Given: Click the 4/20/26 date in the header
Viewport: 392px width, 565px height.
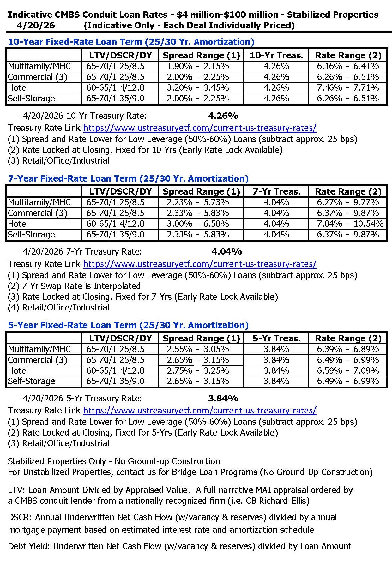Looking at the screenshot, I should (36, 26).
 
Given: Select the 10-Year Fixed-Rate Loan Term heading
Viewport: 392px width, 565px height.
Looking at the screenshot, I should (131, 42).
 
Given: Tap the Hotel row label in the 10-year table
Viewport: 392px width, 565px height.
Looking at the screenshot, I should (18, 88).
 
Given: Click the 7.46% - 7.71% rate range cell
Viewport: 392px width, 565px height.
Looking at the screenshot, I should (348, 88).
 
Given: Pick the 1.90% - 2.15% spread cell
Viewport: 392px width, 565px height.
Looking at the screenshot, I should (198, 66).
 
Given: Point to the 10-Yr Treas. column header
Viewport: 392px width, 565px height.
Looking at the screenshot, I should (276, 56).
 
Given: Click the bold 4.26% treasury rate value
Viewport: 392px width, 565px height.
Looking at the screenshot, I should (223, 116).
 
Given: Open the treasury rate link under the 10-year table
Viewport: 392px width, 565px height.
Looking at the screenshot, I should (200, 128).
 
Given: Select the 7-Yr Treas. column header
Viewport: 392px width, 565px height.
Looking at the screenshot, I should (276, 192).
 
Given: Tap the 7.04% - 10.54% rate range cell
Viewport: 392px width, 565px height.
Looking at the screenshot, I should (350, 224).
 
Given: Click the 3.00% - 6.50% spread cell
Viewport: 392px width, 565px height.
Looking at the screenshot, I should (198, 224).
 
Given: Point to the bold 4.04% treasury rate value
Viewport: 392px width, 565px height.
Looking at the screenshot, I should (226, 252).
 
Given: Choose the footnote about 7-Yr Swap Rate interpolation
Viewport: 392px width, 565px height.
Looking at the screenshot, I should (74, 286).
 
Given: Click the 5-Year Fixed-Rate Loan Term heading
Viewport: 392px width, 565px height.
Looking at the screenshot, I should (128, 325).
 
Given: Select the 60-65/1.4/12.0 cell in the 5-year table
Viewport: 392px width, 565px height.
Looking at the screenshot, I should (115, 371).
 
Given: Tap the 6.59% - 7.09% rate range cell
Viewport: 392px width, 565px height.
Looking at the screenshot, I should (348, 371).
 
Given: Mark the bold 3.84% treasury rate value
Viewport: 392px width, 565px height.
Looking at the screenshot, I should (223, 399).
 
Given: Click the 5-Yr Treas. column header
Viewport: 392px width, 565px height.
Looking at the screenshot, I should (276, 339).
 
